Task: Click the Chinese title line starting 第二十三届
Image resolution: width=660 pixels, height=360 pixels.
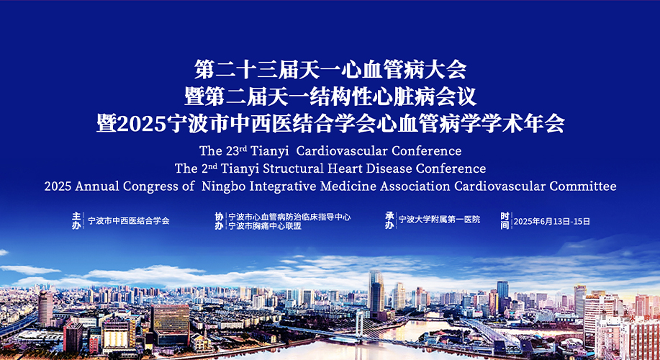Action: pyautogui.click(x=330, y=70)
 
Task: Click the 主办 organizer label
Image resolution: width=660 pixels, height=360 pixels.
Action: pyautogui.click(x=76, y=220)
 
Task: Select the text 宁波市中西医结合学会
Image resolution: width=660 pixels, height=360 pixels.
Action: pyautogui.click(x=129, y=220)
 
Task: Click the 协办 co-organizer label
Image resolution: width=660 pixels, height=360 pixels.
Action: pyautogui.click(x=219, y=221)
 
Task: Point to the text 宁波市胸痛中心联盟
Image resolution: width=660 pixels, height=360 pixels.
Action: pyautogui.click(x=264, y=226)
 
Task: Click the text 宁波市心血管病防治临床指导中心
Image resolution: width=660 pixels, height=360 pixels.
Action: pyautogui.click(x=289, y=217)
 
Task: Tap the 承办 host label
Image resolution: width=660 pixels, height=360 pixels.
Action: pyautogui.click(x=390, y=220)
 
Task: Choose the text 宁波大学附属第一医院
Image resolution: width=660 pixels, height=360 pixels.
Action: pyautogui.click(x=439, y=220)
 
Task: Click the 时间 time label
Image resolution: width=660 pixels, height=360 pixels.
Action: pyautogui.click(x=505, y=220)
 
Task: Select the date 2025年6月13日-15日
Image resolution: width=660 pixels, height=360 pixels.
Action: pyautogui.click(x=552, y=221)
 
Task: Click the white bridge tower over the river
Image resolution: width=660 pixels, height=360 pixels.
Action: pyautogui.click(x=360, y=323)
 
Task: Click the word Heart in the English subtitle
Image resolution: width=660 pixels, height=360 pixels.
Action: pyautogui.click(x=341, y=168)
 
